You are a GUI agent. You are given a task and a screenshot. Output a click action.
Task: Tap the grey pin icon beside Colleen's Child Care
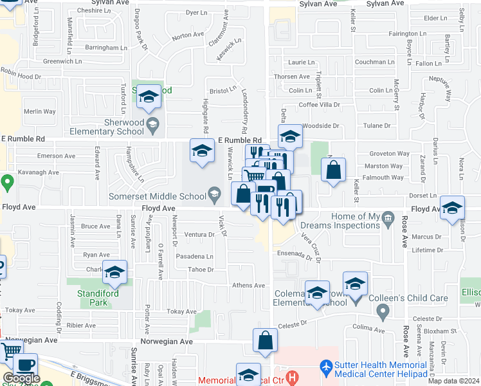(x=383, y=313)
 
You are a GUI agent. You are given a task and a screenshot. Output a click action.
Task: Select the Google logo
(x=21, y=378)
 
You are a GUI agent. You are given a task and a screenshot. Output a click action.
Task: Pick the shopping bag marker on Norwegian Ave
(x=265, y=340)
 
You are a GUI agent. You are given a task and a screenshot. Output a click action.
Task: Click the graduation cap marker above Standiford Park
(x=115, y=273)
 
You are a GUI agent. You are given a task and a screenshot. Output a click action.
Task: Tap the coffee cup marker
(x=25, y=364)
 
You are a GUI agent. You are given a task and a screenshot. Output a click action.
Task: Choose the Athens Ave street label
(x=248, y=286)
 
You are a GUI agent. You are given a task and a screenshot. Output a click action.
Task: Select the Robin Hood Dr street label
(x=20, y=75)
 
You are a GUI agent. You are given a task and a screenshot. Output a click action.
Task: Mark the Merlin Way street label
(x=39, y=111)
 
